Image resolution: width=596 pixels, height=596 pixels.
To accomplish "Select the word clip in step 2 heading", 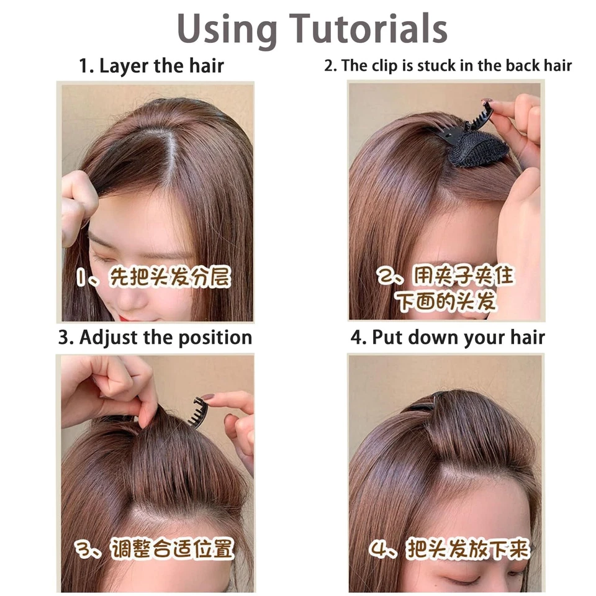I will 385,66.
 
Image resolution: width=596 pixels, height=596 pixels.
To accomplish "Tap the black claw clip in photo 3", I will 198,412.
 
